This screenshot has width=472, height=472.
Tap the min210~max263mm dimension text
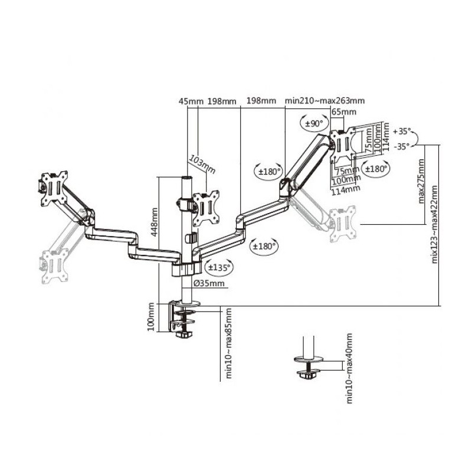coord(324,101)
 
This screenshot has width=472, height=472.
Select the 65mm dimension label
coord(343,112)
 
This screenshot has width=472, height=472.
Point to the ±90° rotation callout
coord(313,124)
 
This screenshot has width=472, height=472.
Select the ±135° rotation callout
coord(219,268)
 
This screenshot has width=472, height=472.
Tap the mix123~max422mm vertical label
coord(435,224)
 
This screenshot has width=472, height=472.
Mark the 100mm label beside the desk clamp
coord(151,317)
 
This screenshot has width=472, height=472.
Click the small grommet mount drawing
coord(307,363)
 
